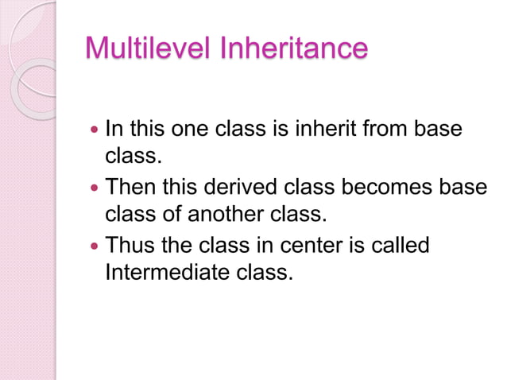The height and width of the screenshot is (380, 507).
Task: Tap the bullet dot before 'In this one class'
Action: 95,129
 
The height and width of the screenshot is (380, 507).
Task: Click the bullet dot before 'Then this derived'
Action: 95,188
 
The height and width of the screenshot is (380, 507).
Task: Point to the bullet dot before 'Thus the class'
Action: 95,246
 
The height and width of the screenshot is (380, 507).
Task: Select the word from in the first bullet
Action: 398,128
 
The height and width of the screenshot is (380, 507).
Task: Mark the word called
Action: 401,246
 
